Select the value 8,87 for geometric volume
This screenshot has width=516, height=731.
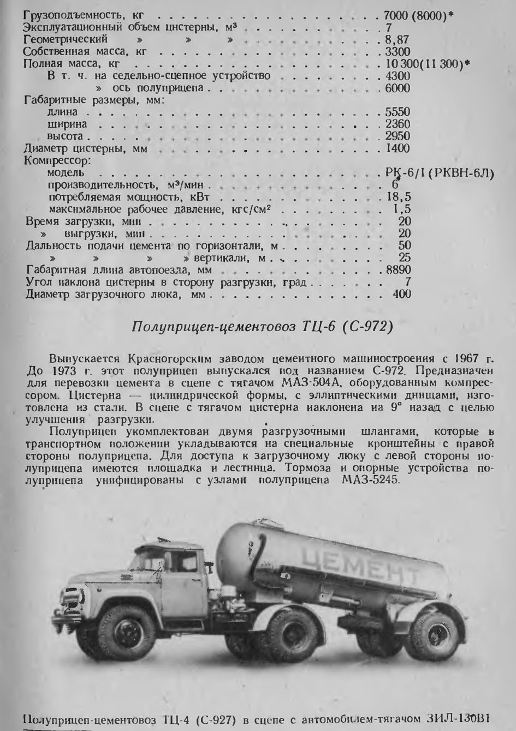pyautogui.click(x=397, y=40)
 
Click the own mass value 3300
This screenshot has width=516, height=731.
pyautogui.click(x=398, y=52)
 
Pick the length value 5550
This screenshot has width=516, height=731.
pyautogui.click(x=398, y=112)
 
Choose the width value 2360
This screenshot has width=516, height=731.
pyautogui.click(x=398, y=124)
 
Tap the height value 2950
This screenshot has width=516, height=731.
pyautogui.click(x=398, y=136)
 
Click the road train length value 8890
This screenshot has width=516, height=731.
pyautogui.click(x=398, y=270)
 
